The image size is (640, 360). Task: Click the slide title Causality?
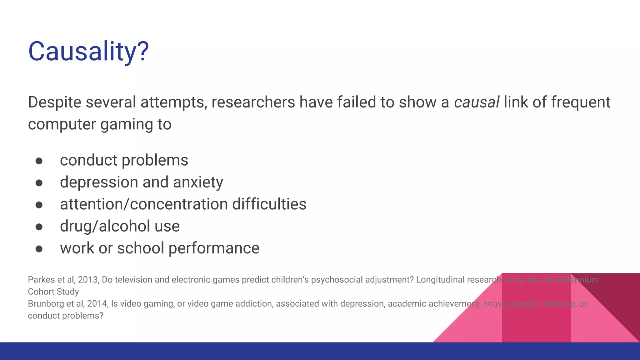[x=88, y=51]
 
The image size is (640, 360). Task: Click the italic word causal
[x=476, y=102]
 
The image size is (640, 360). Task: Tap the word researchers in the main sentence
[x=253, y=102]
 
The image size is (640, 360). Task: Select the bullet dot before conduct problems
[x=39, y=161]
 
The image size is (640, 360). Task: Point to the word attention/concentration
[x=144, y=204]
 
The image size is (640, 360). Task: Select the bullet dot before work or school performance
[x=39, y=249]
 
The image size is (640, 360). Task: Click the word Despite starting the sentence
[x=55, y=102]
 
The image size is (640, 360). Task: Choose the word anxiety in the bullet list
[x=198, y=182]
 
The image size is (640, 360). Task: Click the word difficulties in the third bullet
[x=269, y=204]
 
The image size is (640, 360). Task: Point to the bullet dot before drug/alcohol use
[x=39, y=227]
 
